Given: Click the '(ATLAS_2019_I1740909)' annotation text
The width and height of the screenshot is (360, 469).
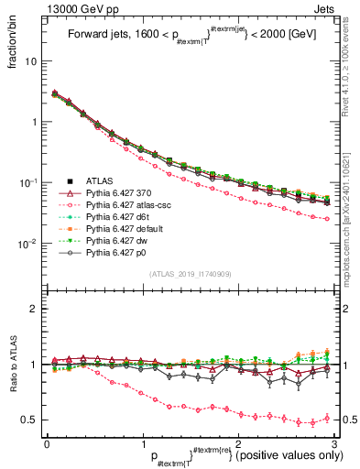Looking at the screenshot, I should [190, 275].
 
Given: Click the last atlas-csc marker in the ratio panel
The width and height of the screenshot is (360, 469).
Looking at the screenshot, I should [327, 418].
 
